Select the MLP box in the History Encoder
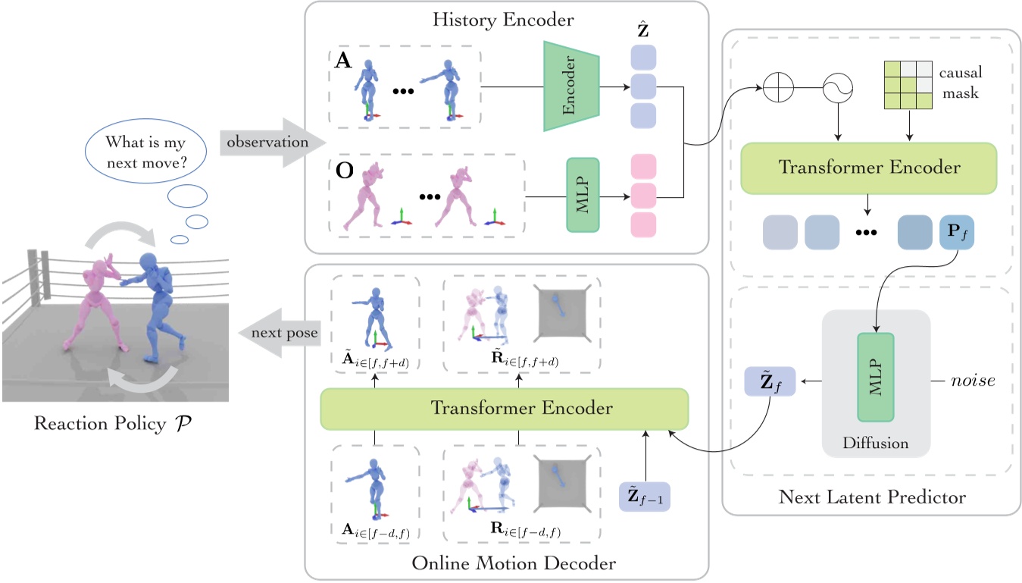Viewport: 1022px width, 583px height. tap(583, 195)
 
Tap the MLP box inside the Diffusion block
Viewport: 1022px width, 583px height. tap(876, 378)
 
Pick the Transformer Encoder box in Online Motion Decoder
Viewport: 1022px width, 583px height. tap(504, 408)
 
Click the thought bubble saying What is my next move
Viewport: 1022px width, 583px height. tap(145, 151)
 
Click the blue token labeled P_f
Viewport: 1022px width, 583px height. tap(955, 232)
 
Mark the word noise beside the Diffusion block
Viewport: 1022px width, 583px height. tap(973, 381)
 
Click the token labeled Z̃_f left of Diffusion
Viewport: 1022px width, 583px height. tap(770, 381)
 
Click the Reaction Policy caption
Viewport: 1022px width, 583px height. tap(112, 423)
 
